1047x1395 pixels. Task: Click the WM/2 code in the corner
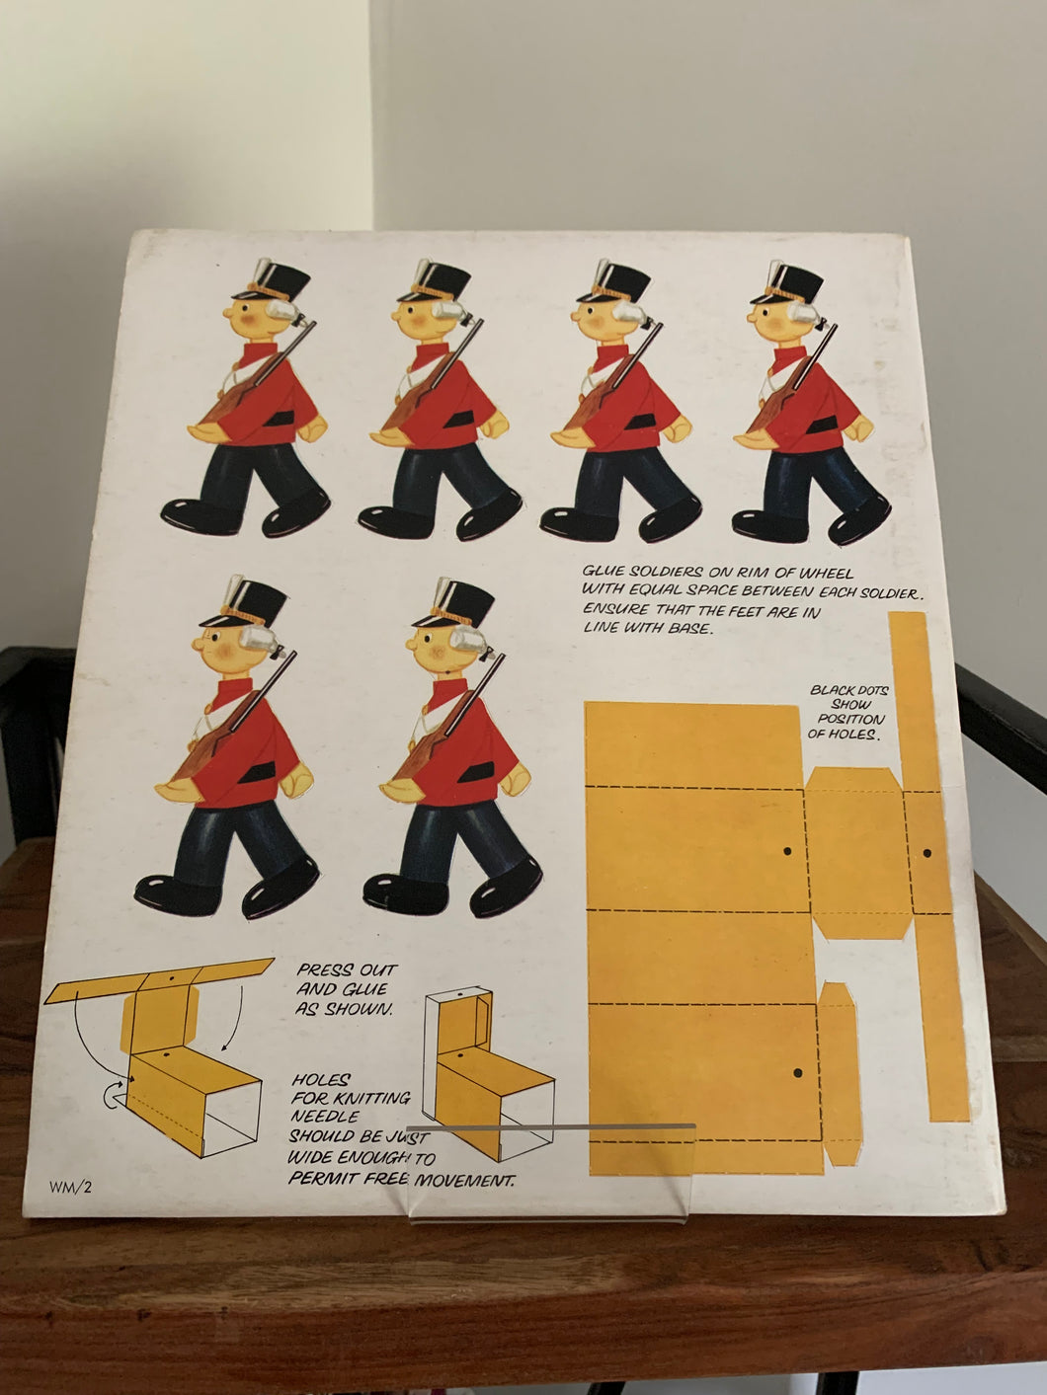tap(70, 1187)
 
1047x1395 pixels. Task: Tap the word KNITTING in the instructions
tap(372, 1098)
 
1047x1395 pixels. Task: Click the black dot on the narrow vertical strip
tap(926, 853)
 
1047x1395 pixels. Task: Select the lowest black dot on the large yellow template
tap(797, 1073)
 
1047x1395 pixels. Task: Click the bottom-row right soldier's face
tap(436, 649)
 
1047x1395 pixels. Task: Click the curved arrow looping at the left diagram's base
tap(112, 1098)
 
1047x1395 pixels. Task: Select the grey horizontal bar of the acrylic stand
tap(550, 1127)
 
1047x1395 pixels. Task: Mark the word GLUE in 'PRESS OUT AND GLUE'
tap(364, 989)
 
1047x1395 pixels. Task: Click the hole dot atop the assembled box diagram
tap(463, 991)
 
